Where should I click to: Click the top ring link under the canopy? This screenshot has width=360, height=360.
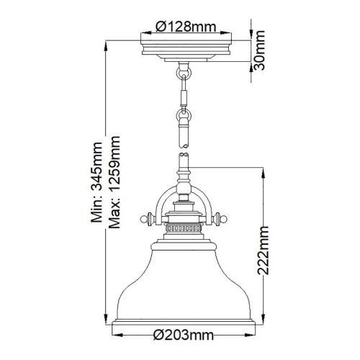[182, 72]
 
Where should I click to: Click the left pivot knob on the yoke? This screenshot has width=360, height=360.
[144, 215]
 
